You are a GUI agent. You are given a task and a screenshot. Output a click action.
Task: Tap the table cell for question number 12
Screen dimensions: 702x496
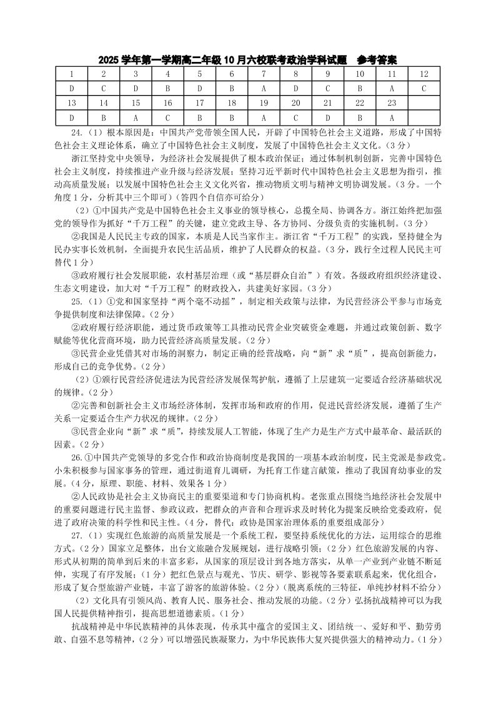(424, 74)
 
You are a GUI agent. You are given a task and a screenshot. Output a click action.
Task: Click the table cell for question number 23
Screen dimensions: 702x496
(392, 103)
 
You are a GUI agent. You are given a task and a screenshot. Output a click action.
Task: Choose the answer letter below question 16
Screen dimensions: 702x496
(167, 117)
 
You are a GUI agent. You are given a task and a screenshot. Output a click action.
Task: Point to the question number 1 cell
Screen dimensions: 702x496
(72, 74)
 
